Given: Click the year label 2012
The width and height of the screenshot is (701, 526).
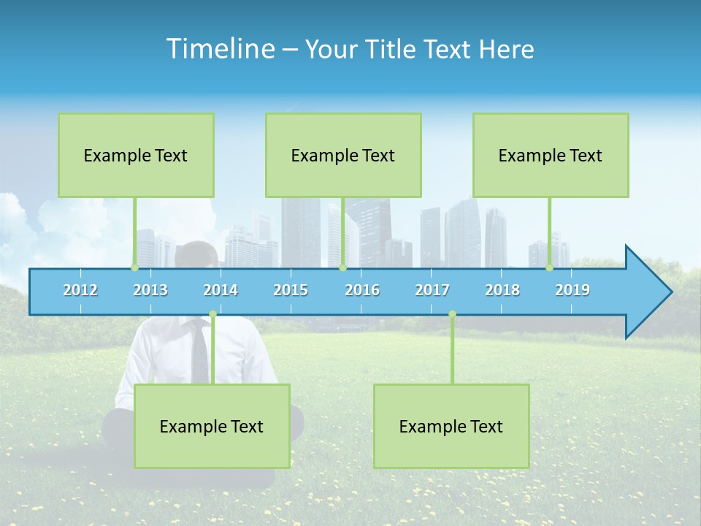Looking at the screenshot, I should coord(80,290).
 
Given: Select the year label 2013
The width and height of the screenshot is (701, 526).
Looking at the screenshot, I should coord(150,290).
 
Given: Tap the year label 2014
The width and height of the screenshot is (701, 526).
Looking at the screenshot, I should coord(221,290).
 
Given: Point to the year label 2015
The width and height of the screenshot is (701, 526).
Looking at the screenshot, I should coord(291,290).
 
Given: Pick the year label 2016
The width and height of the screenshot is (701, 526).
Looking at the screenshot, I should coord(362,290).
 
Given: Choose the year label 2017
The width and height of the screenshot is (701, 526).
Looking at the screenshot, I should coord(432,290).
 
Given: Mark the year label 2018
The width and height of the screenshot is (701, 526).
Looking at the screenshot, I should coord(502,290).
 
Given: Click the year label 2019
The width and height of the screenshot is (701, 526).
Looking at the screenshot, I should coord(572,290).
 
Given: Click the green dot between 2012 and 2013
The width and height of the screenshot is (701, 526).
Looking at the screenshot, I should coord(134,268).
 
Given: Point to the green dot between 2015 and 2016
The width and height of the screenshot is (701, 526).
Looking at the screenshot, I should coord(342,268).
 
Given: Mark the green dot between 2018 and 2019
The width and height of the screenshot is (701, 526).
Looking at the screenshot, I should coord(549,268).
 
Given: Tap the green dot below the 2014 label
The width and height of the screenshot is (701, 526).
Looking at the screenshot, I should coord(212,314).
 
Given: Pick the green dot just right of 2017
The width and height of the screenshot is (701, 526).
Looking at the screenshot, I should coord(452,314).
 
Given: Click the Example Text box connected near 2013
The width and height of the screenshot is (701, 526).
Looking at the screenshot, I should coord(136,156).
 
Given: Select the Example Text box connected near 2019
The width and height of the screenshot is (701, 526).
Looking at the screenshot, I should coord(551,156).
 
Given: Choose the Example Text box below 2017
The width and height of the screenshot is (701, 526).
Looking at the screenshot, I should coord(451,427).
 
